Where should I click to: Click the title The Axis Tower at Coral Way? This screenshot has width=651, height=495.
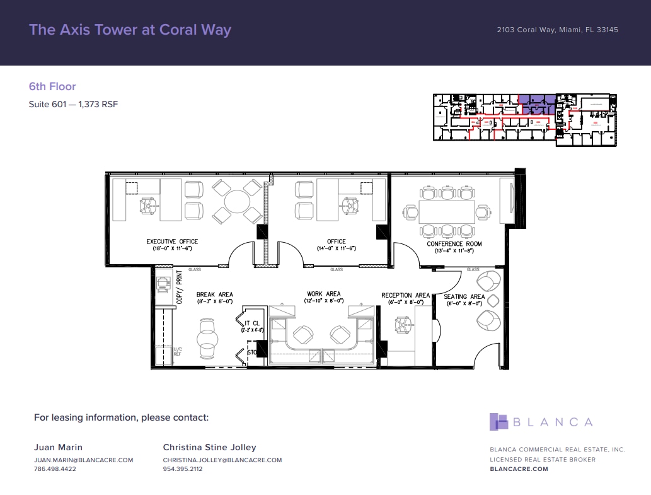click(x=130, y=30)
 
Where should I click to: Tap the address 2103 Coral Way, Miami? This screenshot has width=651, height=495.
click(x=557, y=30)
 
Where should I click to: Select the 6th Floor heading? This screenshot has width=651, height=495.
click(x=52, y=86)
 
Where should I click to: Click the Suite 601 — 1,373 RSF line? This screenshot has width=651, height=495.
click(x=73, y=105)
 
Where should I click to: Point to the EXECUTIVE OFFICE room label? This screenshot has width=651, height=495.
click(x=172, y=242)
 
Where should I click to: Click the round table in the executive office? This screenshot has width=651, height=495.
click(x=237, y=202)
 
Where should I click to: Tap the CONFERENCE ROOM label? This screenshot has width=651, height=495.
click(x=454, y=243)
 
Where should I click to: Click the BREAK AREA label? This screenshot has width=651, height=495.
click(x=214, y=294)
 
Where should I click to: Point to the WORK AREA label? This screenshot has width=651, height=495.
click(x=324, y=294)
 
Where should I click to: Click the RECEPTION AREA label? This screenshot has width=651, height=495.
click(x=405, y=295)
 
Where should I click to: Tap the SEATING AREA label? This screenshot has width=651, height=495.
click(x=464, y=296)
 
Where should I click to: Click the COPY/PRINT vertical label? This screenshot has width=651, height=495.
click(x=179, y=288)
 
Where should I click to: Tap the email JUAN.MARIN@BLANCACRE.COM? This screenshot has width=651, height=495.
click(x=83, y=460)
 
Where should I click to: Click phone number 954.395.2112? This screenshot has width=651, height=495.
click(x=183, y=469)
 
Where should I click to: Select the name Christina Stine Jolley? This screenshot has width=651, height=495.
click(x=209, y=447)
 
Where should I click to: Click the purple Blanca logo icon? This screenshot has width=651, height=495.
click(x=498, y=422)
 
